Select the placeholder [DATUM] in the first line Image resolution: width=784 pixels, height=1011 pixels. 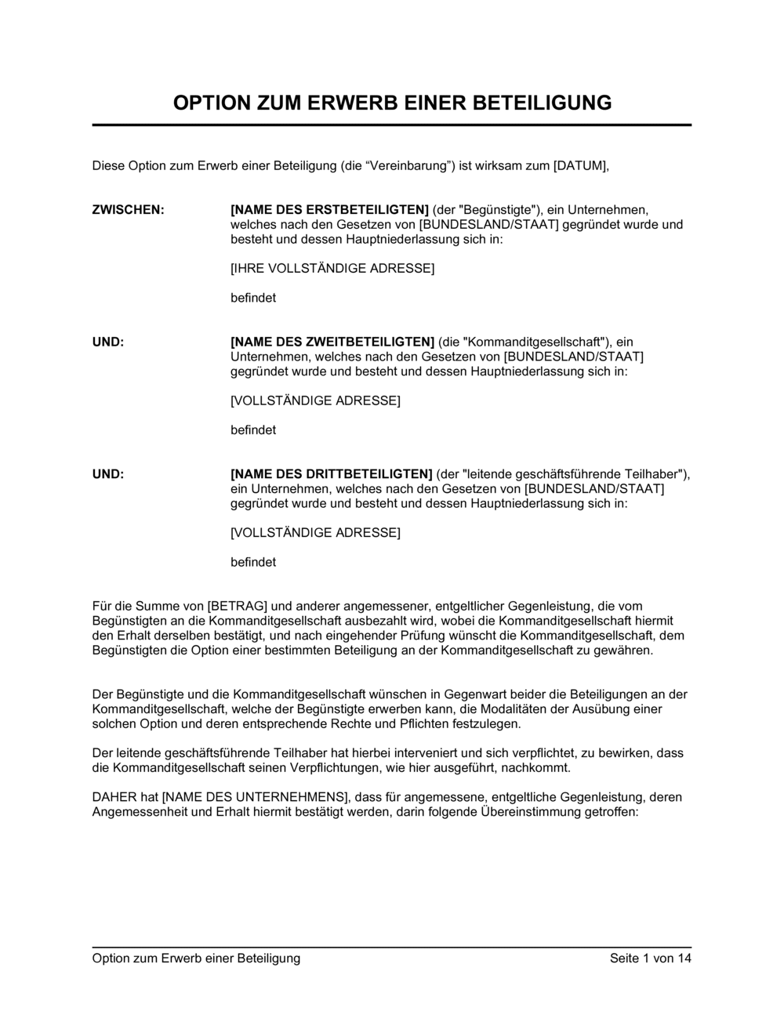tap(581, 165)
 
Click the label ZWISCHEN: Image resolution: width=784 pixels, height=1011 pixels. tap(129, 210)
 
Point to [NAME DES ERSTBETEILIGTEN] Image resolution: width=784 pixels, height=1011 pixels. tap(329, 210)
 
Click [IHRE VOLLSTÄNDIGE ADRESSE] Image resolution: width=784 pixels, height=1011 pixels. tap(332, 268)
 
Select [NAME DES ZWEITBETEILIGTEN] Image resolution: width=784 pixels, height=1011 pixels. tap(332, 342)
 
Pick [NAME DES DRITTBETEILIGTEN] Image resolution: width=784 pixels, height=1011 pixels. tap(332, 474)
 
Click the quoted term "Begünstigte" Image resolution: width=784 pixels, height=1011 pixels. tap(499, 210)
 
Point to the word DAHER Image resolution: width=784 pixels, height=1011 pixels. tap(114, 798)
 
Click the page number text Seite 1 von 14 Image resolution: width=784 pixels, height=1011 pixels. tap(651, 958)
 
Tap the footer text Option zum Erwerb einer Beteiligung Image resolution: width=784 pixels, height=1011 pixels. tap(196, 958)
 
